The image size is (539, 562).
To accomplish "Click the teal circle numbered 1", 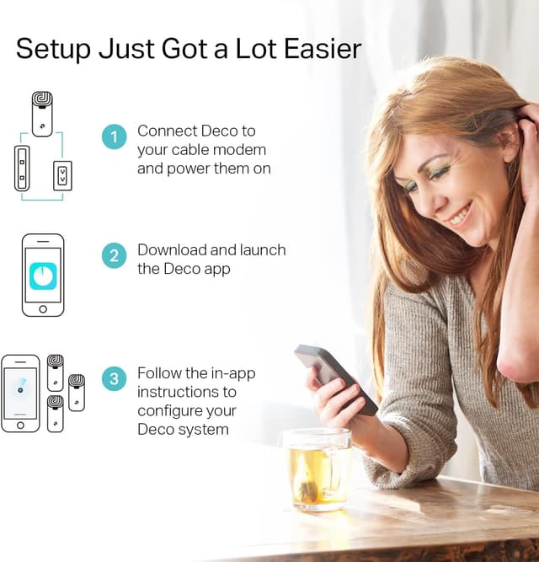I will pyautogui.click(x=115, y=136).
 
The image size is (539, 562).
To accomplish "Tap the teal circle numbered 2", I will pyautogui.click(x=115, y=256).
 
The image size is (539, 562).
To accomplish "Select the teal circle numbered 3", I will pyautogui.click(x=115, y=378).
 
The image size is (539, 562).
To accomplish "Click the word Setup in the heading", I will pyautogui.click(x=51, y=49).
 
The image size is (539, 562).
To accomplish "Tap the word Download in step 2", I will pyautogui.click(x=170, y=250).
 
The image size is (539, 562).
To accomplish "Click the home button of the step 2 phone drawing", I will pyautogui.click(x=43, y=309).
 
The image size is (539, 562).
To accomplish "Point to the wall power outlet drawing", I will pyautogui.click(x=62, y=175).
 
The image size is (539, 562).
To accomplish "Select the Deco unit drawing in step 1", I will pyautogui.click(x=42, y=114).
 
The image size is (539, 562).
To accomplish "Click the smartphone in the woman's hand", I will pyautogui.click(x=335, y=376).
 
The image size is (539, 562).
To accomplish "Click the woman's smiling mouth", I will pyautogui.click(x=459, y=217).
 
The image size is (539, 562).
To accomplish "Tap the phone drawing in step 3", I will pyautogui.click(x=20, y=393).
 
